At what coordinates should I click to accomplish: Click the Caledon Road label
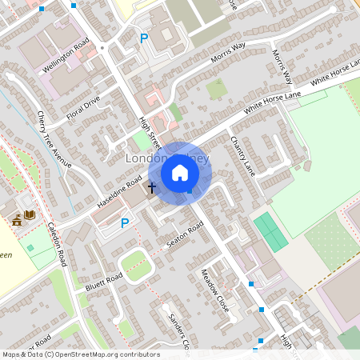click(x=57, y=244)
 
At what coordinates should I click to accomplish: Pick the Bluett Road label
click(x=103, y=281)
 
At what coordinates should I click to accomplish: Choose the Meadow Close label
click(x=214, y=290)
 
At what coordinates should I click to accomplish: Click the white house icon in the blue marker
click(x=180, y=172)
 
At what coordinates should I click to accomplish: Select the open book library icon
click(x=30, y=216)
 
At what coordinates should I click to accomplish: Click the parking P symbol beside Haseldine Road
click(x=125, y=223)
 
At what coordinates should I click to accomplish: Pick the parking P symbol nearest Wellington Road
click(x=144, y=38)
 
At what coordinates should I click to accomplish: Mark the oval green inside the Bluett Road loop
click(x=138, y=266)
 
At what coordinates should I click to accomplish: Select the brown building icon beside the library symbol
click(x=16, y=218)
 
